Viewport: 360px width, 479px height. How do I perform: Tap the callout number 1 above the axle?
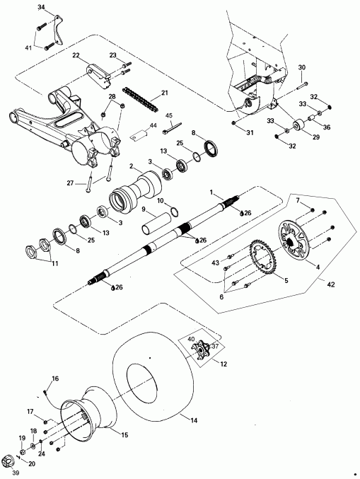coord(210,192)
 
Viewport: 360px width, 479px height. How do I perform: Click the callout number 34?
coord(40,6)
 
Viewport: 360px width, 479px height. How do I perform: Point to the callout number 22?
coord(76,55)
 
